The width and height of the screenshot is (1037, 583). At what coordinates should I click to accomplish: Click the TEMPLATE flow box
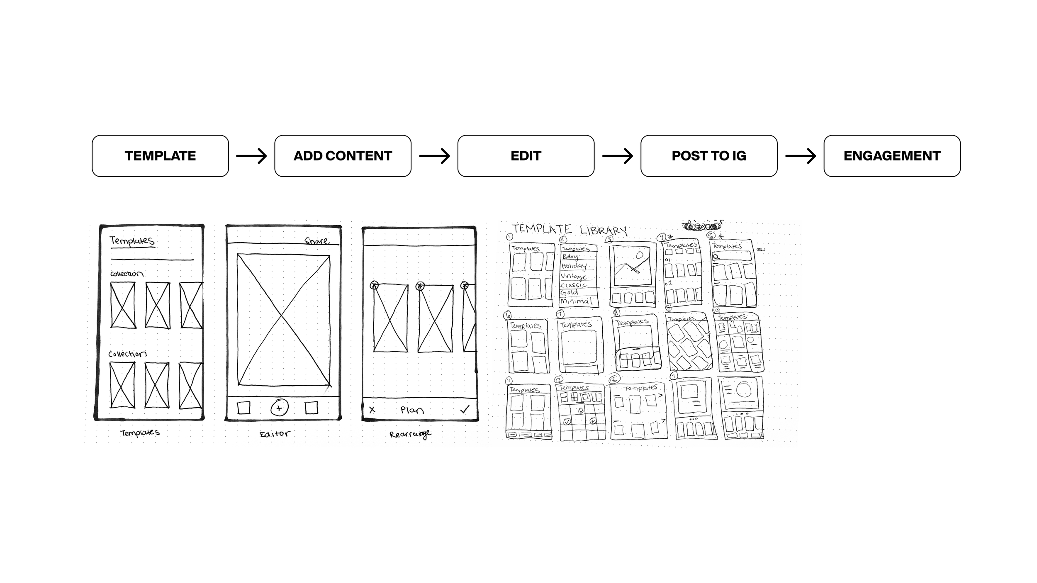160,156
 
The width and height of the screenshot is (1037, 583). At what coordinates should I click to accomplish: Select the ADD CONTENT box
343,156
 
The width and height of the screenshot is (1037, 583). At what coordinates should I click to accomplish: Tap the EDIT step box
526,156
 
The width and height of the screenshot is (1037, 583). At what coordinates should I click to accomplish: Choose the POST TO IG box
708,156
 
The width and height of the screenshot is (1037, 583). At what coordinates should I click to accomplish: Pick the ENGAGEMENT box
892,156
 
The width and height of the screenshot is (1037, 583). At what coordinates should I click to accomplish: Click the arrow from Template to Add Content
251,156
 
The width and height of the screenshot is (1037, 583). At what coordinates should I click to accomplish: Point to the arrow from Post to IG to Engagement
800,156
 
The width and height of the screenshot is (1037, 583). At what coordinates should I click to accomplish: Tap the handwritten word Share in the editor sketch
317,240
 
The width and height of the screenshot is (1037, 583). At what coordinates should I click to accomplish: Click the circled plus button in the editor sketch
279,408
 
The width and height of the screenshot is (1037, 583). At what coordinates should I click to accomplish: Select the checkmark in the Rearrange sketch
465,410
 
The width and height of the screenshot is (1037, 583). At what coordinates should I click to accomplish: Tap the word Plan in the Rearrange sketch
412,410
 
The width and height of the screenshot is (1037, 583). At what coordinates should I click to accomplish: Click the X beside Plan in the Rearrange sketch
372,410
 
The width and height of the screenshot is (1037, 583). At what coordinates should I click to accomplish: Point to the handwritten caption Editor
275,434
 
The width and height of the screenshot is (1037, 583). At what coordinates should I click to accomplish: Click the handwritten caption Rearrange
410,434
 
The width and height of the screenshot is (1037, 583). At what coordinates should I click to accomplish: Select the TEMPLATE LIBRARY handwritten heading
570,229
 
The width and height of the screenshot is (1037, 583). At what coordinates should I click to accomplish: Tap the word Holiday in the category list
574,266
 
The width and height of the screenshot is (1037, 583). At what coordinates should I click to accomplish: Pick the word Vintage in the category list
573,276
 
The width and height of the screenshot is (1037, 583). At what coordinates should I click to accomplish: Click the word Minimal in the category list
576,301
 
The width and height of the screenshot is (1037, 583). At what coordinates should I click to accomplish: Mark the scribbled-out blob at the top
702,226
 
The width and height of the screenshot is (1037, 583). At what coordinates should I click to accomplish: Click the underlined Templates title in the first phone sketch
132,240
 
